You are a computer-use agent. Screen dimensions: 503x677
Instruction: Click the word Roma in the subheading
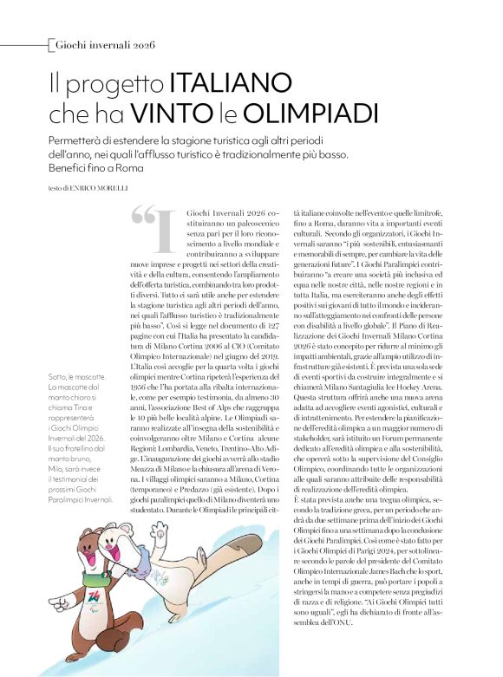coord(127,167)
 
